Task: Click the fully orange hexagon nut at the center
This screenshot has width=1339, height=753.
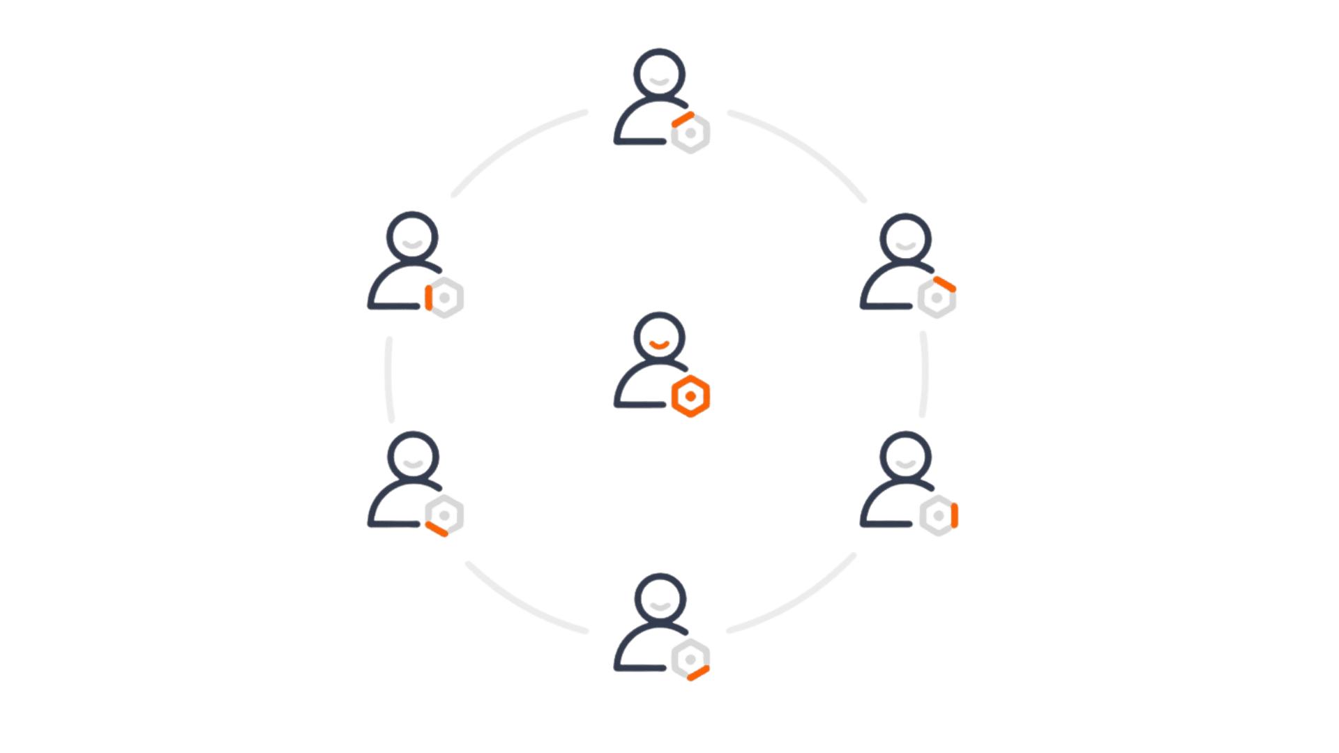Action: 690,396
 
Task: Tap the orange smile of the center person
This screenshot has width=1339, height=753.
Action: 659,344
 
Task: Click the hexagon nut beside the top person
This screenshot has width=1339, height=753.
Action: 690,132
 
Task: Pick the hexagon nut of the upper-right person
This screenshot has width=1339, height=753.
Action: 937,298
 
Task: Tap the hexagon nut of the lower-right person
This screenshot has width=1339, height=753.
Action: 938,515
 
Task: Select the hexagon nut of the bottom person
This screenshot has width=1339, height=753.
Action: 690,659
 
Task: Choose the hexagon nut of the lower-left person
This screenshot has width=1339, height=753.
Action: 444,515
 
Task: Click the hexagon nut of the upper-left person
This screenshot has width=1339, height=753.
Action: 444,298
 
